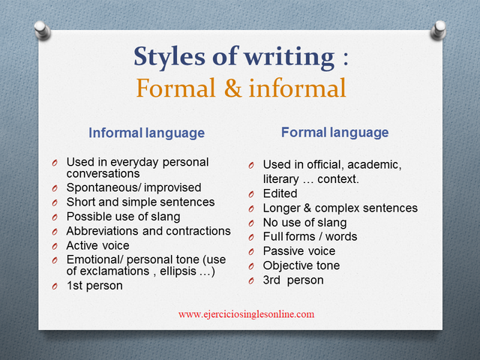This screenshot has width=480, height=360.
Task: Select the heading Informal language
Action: pyautogui.click(x=146, y=133)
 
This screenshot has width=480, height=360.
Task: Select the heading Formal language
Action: pyautogui.click(x=334, y=133)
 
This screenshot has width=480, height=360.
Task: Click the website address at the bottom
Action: pyautogui.click(x=246, y=314)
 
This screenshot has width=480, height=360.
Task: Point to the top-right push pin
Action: pyautogui.click(x=439, y=30)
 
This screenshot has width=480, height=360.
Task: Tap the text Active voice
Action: pyautogui.click(x=97, y=245)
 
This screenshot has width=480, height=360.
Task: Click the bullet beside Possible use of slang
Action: pyautogui.click(x=55, y=217)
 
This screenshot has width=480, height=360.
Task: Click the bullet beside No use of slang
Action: pyautogui.click(x=252, y=223)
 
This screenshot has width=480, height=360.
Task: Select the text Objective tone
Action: pyautogui.click(x=301, y=265)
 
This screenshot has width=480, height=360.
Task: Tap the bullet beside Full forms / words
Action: pyautogui.click(x=252, y=237)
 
